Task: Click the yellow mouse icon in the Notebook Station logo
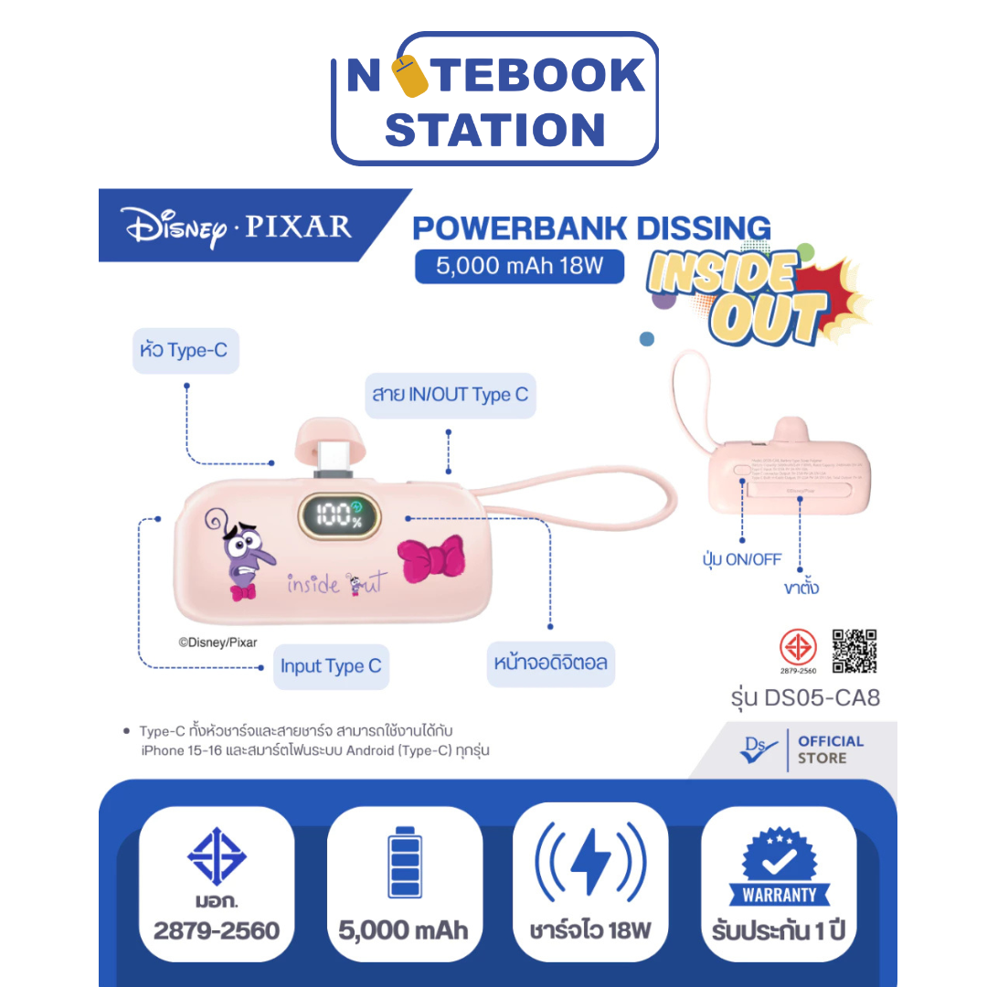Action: pyautogui.click(x=415, y=77)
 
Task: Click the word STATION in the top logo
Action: pyautogui.click(x=495, y=129)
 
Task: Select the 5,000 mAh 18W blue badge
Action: pyautogui.click(x=519, y=266)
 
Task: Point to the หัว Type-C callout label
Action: pyautogui.click(x=186, y=351)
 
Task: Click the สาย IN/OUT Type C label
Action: pyautogui.click(x=450, y=395)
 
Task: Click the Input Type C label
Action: pyautogui.click(x=330, y=666)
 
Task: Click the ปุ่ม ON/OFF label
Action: pyautogui.click(x=741, y=560)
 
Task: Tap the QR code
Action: pyautogui.click(x=854, y=651)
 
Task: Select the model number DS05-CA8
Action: pyautogui.click(x=805, y=699)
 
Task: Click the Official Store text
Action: pyautogui.click(x=830, y=749)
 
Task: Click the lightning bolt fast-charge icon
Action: pyautogui.click(x=590, y=861)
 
